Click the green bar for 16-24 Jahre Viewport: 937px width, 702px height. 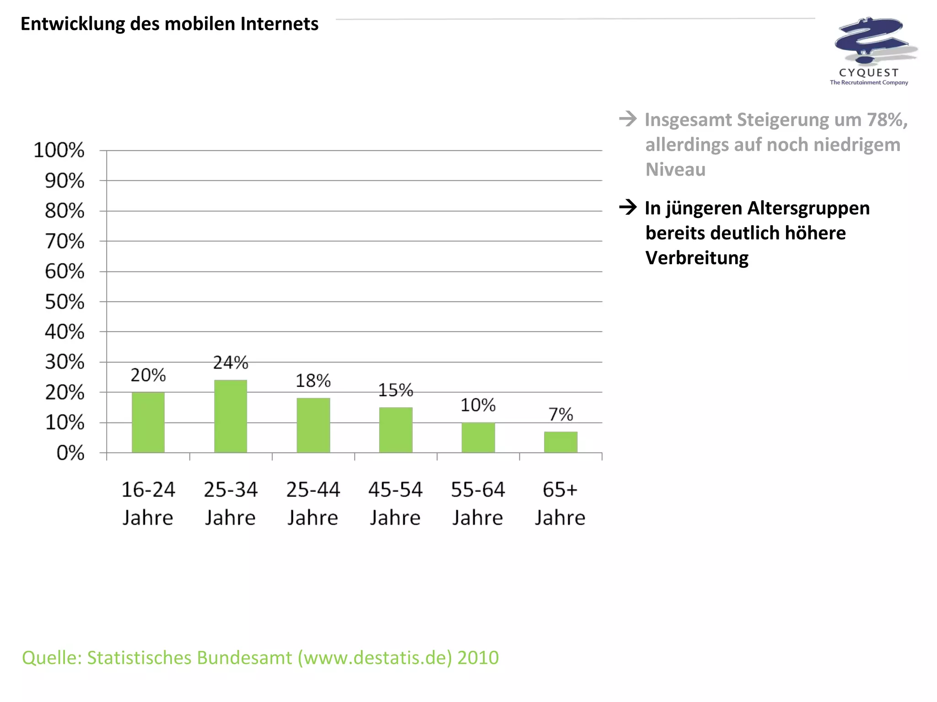pyautogui.click(x=148, y=422)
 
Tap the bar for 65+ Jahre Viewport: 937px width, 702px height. pyautogui.click(x=560, y=442)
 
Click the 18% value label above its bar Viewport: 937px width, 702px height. pyautogui.click(x=313, y=381)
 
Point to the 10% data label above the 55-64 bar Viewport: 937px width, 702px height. pyautogui.click(x=478, y=405)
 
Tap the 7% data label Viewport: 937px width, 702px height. pyautogui.click(x=560, y=415)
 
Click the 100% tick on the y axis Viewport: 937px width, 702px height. pyautogui.click(x=59, y=150)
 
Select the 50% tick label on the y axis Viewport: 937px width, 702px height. pyautogui.click(x=65, y=302)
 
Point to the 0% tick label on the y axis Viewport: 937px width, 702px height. pyautogui.click(x=70, y=453)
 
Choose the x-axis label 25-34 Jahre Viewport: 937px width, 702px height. pyautogui.click(x=231, y=503)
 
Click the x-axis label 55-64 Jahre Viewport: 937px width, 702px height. pyautogui.click(x=478, y=503)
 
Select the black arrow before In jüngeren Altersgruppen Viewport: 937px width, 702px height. pyautogui.click(x=628, y=207)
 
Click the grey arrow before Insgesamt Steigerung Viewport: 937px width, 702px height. pyautogui.click(x=628, y=119)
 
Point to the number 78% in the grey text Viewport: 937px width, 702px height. pyautogui.click(x=885, y=120)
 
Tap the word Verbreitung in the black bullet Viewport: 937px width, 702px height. pyautogui.click(x=697, y=258)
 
